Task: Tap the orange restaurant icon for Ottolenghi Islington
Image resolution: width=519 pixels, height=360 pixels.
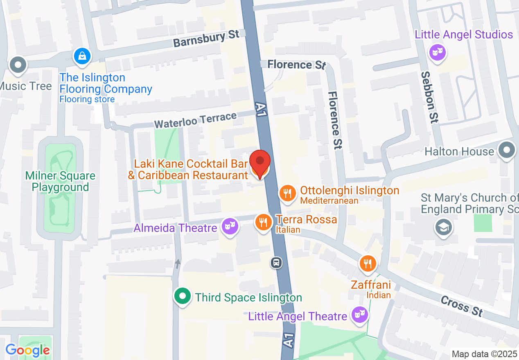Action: coord(288,193)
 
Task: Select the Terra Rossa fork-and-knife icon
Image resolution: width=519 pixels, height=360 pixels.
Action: coord(264,223)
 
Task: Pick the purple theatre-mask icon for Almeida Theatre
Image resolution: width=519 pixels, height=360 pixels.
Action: coord(230,225)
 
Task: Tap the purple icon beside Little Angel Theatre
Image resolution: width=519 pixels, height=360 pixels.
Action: coord(359,315)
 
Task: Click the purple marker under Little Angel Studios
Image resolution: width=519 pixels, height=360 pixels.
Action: coord(437,52)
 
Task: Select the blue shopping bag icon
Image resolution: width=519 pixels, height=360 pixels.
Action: coord(82,56)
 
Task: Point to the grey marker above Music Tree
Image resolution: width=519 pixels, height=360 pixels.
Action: coord(18,65)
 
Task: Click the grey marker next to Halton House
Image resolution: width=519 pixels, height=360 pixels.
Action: coord(507,150)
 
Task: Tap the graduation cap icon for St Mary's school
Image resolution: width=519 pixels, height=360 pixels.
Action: coord(444,227)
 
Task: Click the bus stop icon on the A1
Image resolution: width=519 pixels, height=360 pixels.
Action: coord(277,262)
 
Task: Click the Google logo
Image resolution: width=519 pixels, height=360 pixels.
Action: coord(27,350)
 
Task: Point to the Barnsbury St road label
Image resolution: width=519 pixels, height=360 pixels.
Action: coord(206,39)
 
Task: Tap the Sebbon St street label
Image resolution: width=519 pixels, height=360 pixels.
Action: coord(430,97)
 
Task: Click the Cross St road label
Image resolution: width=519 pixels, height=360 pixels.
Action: coord(462,306)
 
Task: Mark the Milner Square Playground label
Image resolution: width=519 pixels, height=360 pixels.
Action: coord(60,182)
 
